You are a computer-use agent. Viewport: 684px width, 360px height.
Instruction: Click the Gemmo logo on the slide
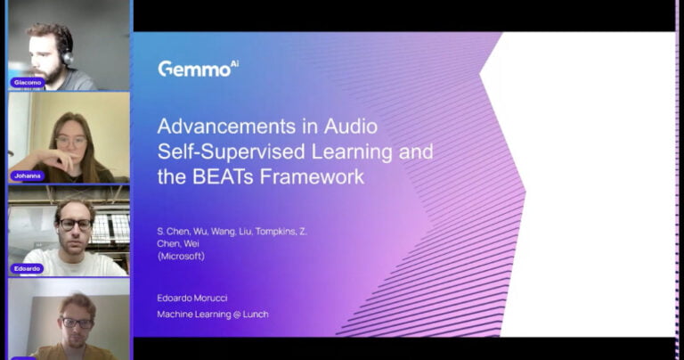pos(198,69)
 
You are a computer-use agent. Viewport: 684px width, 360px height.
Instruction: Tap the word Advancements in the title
pos(226,127)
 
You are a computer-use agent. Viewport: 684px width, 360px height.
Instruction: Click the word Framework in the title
pos(312,176)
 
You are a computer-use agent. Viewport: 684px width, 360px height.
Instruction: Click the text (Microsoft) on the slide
pos(181,256)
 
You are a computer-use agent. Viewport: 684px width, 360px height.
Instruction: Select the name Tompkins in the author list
pos(275,232)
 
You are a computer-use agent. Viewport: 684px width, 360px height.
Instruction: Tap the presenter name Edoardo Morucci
pos(192,298)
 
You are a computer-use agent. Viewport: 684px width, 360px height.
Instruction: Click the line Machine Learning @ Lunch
pos(213,315)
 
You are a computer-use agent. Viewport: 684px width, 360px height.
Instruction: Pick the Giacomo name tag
pos(28,83)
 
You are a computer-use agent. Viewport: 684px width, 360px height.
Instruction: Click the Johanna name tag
pos(28,176)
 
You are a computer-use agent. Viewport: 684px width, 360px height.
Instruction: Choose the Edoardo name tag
pos(27,269)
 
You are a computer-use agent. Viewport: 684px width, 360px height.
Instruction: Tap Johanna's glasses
pos(71,142)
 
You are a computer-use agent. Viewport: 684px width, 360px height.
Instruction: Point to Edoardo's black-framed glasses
pos(75,225)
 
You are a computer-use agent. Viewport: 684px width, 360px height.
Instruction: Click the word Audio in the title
pos(350,127)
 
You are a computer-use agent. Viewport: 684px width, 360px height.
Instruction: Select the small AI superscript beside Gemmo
pos(234,64)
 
